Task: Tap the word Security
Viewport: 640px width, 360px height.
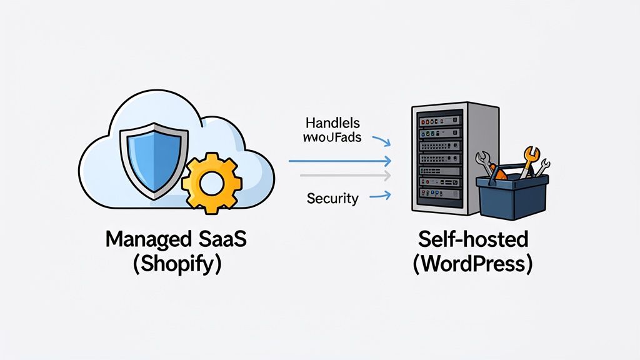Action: (332, 199)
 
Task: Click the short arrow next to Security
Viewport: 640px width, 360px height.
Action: (380, 196)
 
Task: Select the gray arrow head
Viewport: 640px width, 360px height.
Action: (387, 175)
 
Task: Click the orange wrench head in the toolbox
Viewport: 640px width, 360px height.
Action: (531, 153)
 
